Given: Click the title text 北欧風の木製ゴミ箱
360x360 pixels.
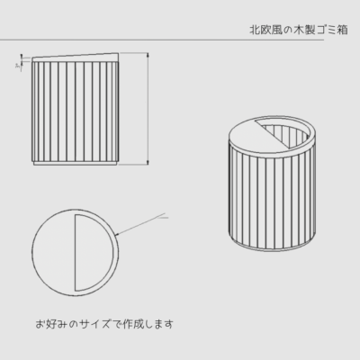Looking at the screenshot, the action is [x=299, y=30].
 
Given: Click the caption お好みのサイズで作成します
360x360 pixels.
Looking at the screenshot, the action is [x=104, y=324].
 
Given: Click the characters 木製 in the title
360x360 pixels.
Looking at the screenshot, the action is [x=304, y=30].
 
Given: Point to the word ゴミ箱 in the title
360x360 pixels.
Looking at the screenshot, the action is [x=332, y=30].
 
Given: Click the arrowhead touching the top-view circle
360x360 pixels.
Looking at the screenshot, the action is [x=118, y=233].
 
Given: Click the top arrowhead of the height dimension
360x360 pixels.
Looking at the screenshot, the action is [x=148, y=56].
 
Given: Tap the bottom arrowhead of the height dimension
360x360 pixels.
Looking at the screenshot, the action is [x=148, y=162].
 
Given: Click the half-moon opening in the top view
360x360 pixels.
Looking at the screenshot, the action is [x=94, y=253].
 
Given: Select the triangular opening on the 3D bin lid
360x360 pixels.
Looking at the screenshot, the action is [x=286, y=132].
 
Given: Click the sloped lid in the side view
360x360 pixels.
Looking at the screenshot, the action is [x=75, y=58].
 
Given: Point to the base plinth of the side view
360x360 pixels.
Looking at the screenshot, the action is [x=75, y=164].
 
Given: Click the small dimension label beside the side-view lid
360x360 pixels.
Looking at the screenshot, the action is [x=19, y=66].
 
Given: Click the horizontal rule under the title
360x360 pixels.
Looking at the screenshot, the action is [x=162, y=40].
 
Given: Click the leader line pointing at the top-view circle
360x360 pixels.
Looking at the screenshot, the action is [x=141, y=223].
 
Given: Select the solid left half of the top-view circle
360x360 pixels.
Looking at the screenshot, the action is [x=53, y=253].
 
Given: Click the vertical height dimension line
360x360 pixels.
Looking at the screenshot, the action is [x=148, y=109].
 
